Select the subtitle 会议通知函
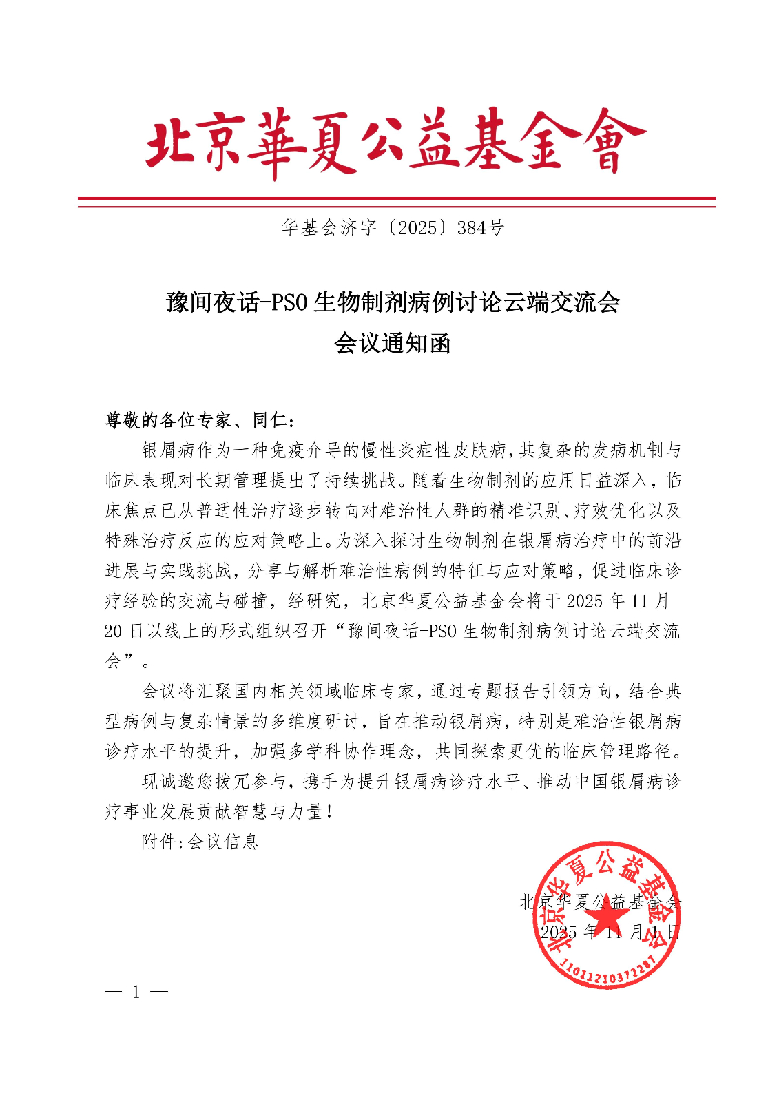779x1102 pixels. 393,342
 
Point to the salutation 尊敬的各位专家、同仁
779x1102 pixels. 200,419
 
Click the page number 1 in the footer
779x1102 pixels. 136,992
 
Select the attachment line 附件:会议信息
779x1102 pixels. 200,841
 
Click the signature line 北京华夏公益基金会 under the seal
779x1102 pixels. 600,902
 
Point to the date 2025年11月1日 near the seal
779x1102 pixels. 610,932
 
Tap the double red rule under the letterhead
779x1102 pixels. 396,202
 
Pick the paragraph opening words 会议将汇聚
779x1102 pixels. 187,691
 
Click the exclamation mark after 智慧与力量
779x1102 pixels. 331,811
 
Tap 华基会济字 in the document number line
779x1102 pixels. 329,228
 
